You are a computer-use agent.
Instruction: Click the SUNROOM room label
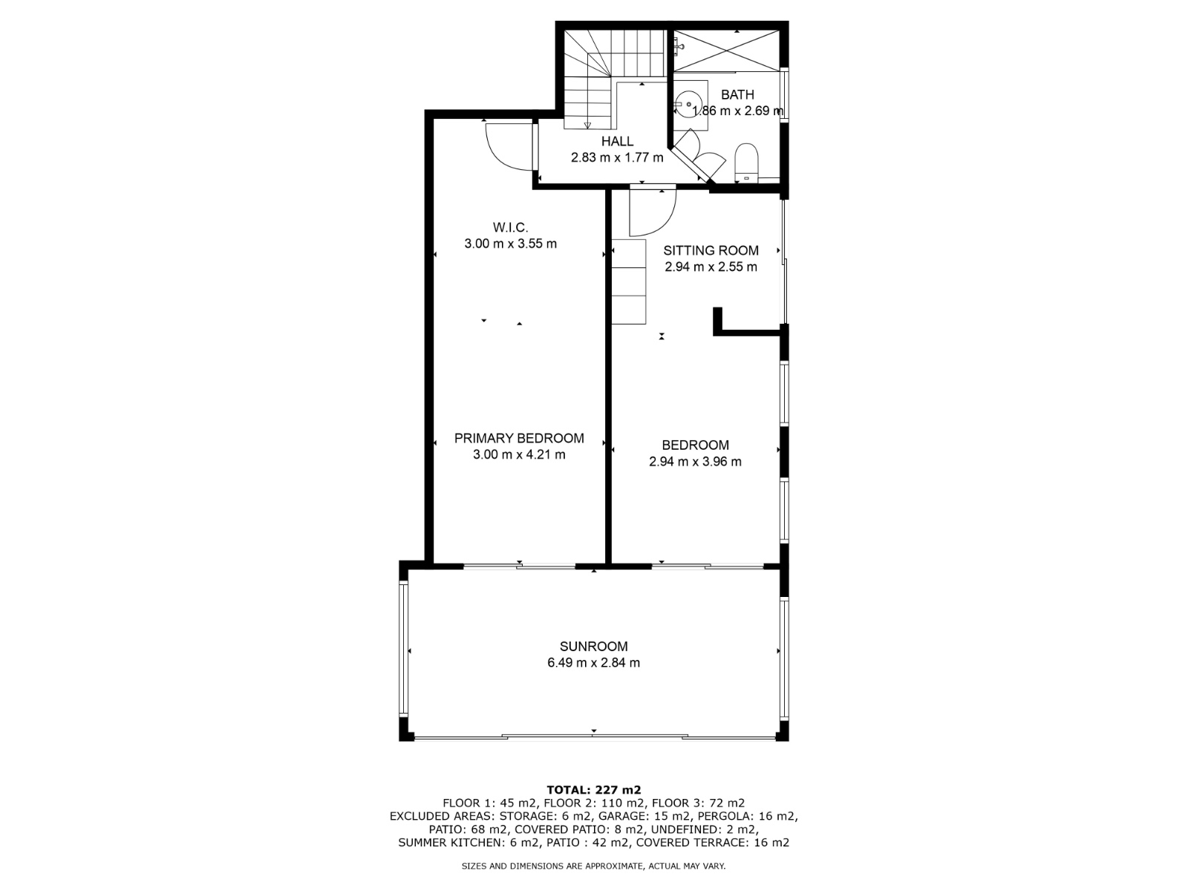coord(593,646)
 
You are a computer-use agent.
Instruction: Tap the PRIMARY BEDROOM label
coord(519,438)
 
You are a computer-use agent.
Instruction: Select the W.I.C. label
coord(510,227)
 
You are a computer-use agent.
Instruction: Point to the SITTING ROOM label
coord(711,250)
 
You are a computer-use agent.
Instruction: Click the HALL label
coord(617,141)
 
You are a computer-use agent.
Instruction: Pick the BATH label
coord(737,94)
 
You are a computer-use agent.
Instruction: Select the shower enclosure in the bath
coord(728,50)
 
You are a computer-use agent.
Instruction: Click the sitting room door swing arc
coord(653,212)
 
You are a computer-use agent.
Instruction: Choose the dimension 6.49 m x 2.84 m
coord(593,663)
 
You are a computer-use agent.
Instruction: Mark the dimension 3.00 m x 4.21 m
coord(519,454)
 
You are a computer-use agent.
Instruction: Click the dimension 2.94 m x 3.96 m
coord(695,461)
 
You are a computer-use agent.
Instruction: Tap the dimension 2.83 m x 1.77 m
coord(617,157)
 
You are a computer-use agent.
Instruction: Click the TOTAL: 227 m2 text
coord(593,790)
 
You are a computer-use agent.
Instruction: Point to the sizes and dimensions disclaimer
coord(593,866)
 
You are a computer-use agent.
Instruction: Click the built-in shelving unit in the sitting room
coord(629,281)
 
